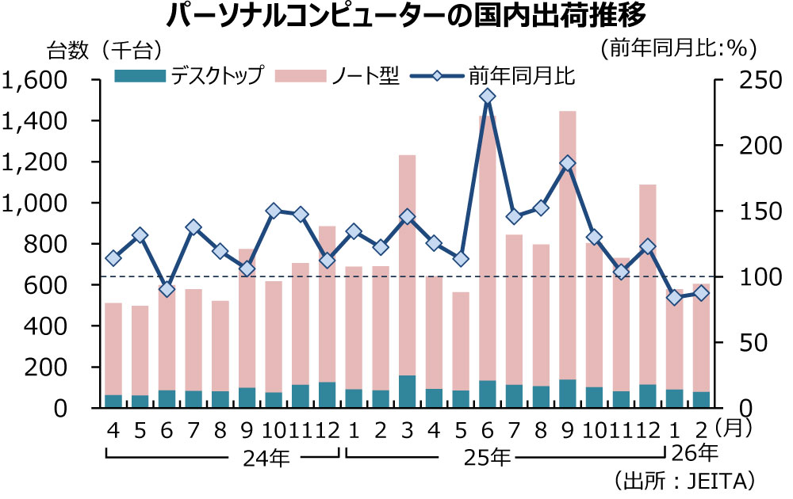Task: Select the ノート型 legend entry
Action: (x=338, y=77)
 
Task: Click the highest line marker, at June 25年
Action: (x=488, y=97)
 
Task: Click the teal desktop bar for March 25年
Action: (x=407, y=392)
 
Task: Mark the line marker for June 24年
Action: (x=166, y=289)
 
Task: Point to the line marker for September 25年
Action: (x=568, y=163)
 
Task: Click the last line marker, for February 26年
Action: (x=701, y=293)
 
